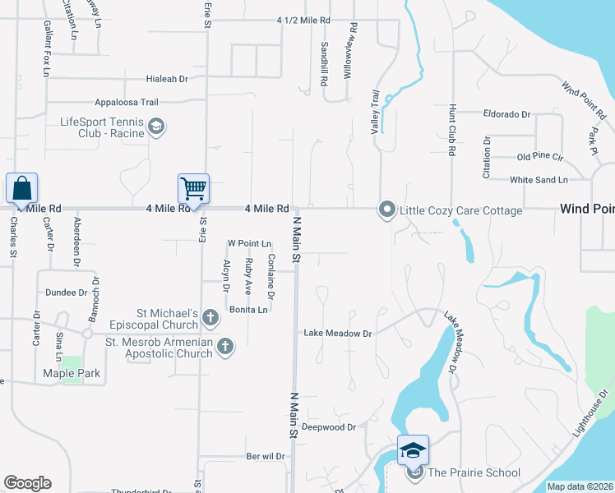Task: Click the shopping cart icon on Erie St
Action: tap(194, 188)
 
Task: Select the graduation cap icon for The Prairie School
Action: tap(414, 449)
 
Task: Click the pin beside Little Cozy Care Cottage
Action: tap(386, 210)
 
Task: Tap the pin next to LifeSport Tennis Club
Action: tap(156, 127)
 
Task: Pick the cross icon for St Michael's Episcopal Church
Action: tap(210, 317)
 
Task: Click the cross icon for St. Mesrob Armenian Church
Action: tap(226, 348)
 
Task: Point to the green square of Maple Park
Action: tap(72, 362)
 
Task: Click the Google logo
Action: tap(27, 483)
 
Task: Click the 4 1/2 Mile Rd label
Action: tap(303, 20)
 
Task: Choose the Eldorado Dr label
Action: tap(507, 115)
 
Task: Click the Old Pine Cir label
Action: tap(539, 156)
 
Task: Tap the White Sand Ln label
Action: tap(539, 179)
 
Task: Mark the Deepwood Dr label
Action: tap(328, 427)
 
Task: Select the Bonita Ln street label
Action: tap(248, 310)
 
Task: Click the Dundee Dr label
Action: tap(67, 292)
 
